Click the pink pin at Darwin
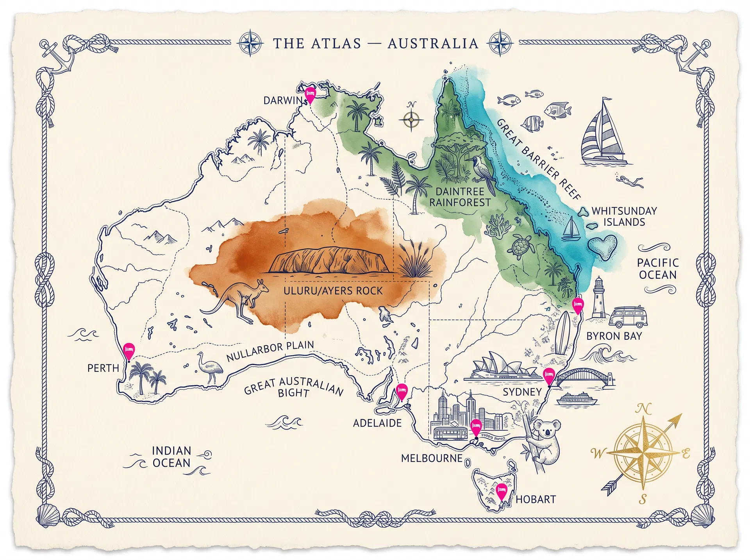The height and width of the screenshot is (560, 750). pyautogui.click(x=310, y=95)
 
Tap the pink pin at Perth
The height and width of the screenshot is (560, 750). pyautogui.click(x=129, y=350)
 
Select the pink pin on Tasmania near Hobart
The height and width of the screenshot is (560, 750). pyautogui.click(x=502, y=491)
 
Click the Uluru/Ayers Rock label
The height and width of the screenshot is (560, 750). pyautogui.click(x=333, y=291)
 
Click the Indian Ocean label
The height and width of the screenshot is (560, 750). pyautogui.click(x=171, y=457)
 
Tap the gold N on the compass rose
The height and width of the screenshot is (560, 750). pyautogui.click(x=643, y=409)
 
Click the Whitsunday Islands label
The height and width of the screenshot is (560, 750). pyautogui.click(x=624, y=216)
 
